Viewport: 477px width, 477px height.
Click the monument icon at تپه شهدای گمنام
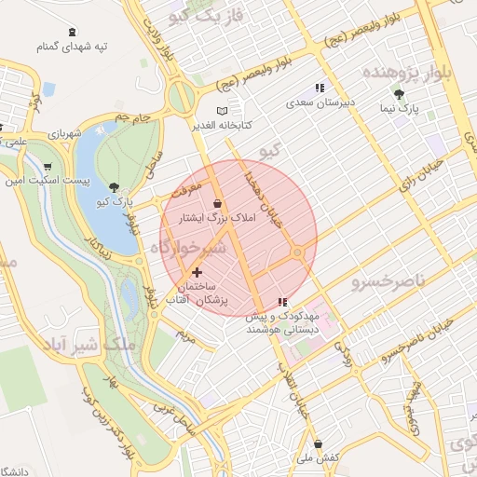point(73,32)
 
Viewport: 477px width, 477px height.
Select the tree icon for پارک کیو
point(114,187)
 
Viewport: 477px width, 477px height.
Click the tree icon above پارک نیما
point(400,94)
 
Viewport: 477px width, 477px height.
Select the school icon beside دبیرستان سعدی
point(320,88)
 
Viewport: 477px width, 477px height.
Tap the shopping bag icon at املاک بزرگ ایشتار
point(217,203)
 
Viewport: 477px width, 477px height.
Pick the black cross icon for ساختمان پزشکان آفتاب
point(196,272)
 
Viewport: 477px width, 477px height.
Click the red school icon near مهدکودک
point(282,302)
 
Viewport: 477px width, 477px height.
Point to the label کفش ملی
point(320,457)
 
